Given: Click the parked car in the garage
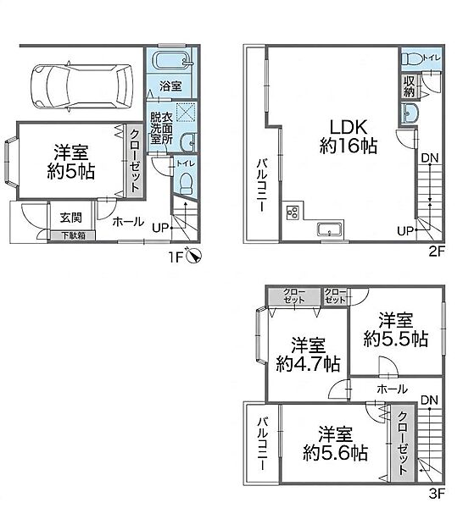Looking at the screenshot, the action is [x=81, y=86].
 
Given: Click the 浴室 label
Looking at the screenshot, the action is [x=170, y=86].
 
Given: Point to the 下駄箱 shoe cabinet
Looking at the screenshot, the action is [x=73, y=235].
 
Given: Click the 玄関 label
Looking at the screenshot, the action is [x=71, y=218].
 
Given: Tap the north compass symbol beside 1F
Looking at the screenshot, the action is [x=194, y=257].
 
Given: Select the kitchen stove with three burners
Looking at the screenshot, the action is [x=293, y=213].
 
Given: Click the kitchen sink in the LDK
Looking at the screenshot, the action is [x=330, y=229].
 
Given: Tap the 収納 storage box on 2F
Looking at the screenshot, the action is [x=410, y=86].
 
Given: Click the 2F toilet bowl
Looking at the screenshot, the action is [x=412, y=59].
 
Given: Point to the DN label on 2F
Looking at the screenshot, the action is [x=430, y=159].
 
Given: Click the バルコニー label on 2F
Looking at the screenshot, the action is [x=262, y=185].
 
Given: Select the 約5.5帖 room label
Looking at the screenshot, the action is [x=395, y=338].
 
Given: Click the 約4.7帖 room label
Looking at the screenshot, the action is [x=308, y=363].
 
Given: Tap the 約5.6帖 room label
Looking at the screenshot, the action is [x=335, y=453].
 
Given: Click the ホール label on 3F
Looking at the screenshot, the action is [x=392, y=389].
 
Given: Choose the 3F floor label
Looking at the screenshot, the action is [x=436, y=493].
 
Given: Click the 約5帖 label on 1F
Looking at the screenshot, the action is [x=70, y=171].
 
